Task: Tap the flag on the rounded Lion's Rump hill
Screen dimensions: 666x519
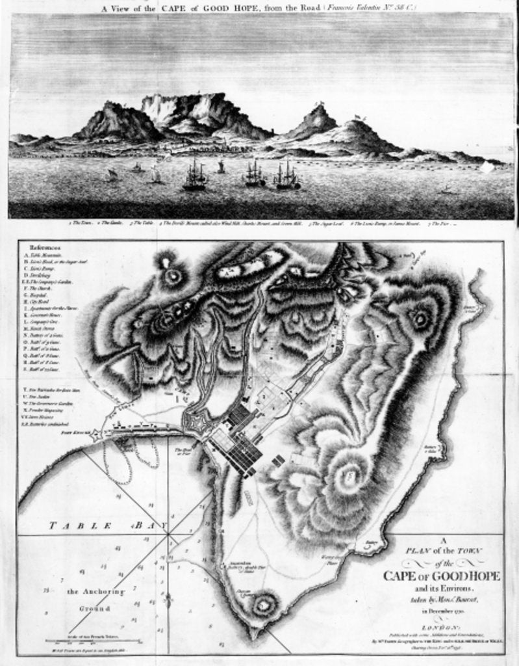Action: tap(357, 118)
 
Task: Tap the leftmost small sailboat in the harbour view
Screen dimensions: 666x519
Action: tap(112, 174)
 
